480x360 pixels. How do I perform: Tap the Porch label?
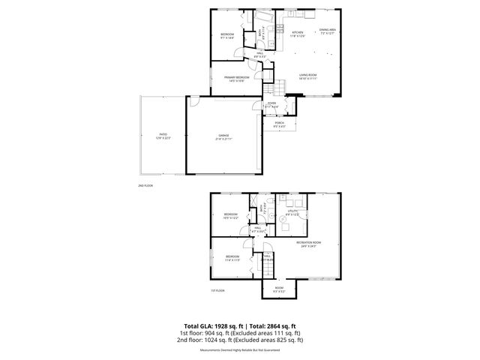point(278,124)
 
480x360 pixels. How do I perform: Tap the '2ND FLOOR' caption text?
point(145,184)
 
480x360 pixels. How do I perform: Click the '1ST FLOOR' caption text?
point(217,290)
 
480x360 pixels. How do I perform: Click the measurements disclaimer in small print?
point(239,349)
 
